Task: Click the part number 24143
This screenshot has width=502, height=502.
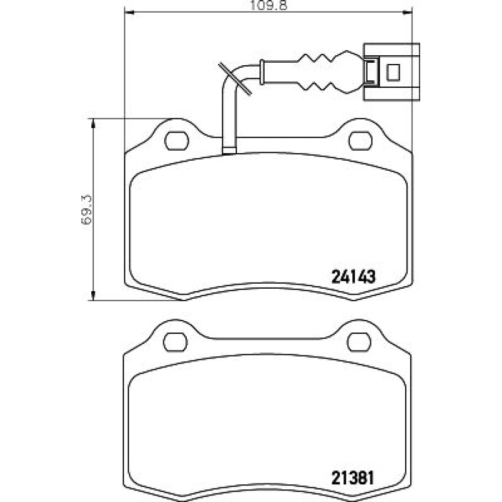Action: pyautogui.click(x=353, y=277)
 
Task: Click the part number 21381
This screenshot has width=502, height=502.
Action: pyautogui.click(x=352, y=478)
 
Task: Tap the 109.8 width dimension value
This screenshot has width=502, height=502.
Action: pyautogui.click(x=268, y=6)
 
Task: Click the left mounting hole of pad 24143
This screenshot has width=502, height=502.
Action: pyautogui.click(x=176, y=141)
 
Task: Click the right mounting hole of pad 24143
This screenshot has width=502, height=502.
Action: pyautogui.click(x=360, y=141)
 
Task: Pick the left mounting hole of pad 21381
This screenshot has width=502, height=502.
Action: pyautogui.click(x=175, y=342)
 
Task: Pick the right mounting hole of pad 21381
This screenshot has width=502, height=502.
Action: pyautogui.click(x=359, y=342)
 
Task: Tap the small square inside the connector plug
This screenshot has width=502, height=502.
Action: pyautogui.click(x=394, y=72)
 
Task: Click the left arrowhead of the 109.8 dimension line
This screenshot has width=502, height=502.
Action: pyautogui.click(x=128, y=13)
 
